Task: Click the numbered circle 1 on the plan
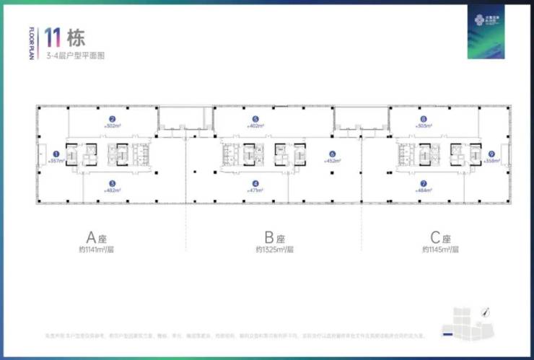pyautogui.click(x=56, y=153)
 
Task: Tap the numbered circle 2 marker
pyautogui.click(x=113, y=119)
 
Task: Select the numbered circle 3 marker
pyautogui.click(x=113, y=183)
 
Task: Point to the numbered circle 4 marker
pyautogui.click(x=255, y=183)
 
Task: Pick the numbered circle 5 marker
pyautogui.click(x=255, y=119)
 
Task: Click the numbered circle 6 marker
pyautogui.click(x=332, y=154)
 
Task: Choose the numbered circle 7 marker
pyautogui.click(x=424, y=183)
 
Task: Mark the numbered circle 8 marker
pyautogui.click(x=424, y=119)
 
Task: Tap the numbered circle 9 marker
pyautogui.click(x=491, y=153)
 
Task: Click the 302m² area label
pyautogui.click(x=113, y=126)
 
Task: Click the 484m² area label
pyautogui.click(x=424, y=190)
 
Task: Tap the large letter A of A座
pyautogui.click(x=92, y=237)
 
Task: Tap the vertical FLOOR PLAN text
pyautogui.click(x=32, y=45)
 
